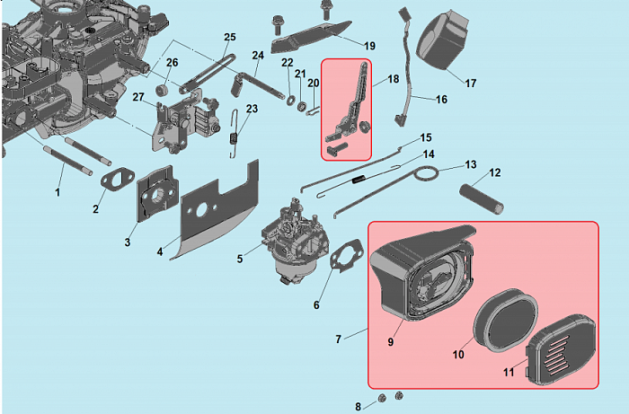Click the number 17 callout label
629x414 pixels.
pyautogui.click(x=470, y=84)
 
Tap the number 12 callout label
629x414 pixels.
pyautogui.click(x=494, y=172)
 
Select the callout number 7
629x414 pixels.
pyautogui.click(x=338, y=339)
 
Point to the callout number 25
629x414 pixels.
pyautogui.click(x=229, y=37)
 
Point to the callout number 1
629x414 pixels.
pyautogui.click(x=58, y=192)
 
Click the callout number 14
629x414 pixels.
pyautogui.click(x=429, y=154)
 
